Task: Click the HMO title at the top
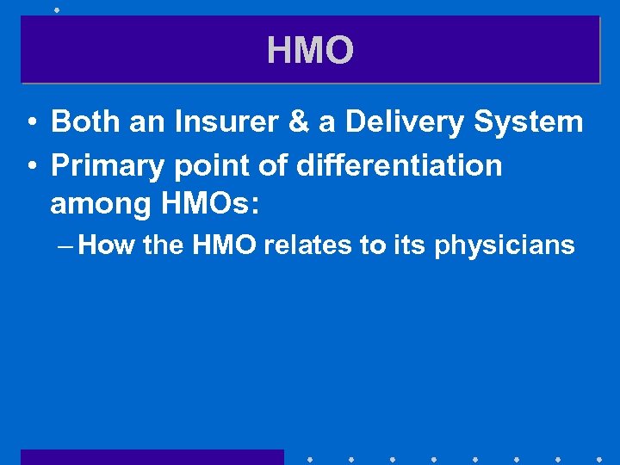coord(310,51)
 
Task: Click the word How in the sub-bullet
coord(107,245)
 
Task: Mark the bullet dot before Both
coord(30,123)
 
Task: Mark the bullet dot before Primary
coord(30,165)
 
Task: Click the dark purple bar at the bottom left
coord(152,456)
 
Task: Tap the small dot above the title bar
coord(57,9)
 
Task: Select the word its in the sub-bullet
coord(411,245)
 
